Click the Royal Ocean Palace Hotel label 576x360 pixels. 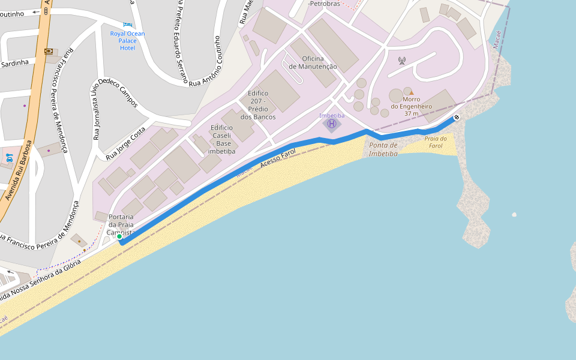pos(127,41)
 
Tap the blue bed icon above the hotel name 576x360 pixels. pos(127,24)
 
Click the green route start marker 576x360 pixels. pos(119,237)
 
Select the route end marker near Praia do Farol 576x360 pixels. pos(457,117)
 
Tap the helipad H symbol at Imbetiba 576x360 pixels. pos(331,124)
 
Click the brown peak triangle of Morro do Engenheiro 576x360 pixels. pos(411,92)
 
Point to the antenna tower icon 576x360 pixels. pos(401,61)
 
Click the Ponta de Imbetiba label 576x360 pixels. pos(383,149)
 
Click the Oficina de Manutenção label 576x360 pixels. pos(313,62)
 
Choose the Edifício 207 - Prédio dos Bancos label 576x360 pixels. pos(258,105)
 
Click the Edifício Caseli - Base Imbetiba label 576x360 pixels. pos(221,139)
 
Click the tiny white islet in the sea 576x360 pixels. pos(514,214)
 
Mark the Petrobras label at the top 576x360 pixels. pos(323,4)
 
